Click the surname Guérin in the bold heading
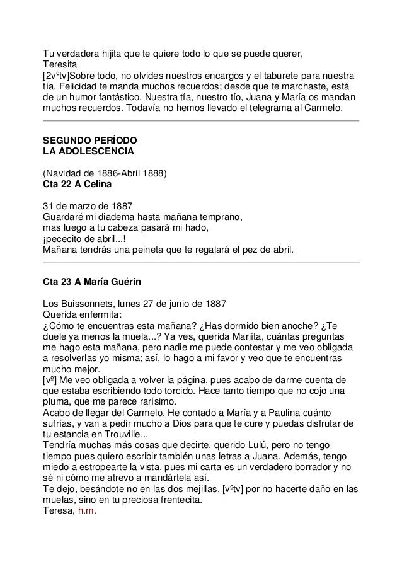click(x=130, y=282)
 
